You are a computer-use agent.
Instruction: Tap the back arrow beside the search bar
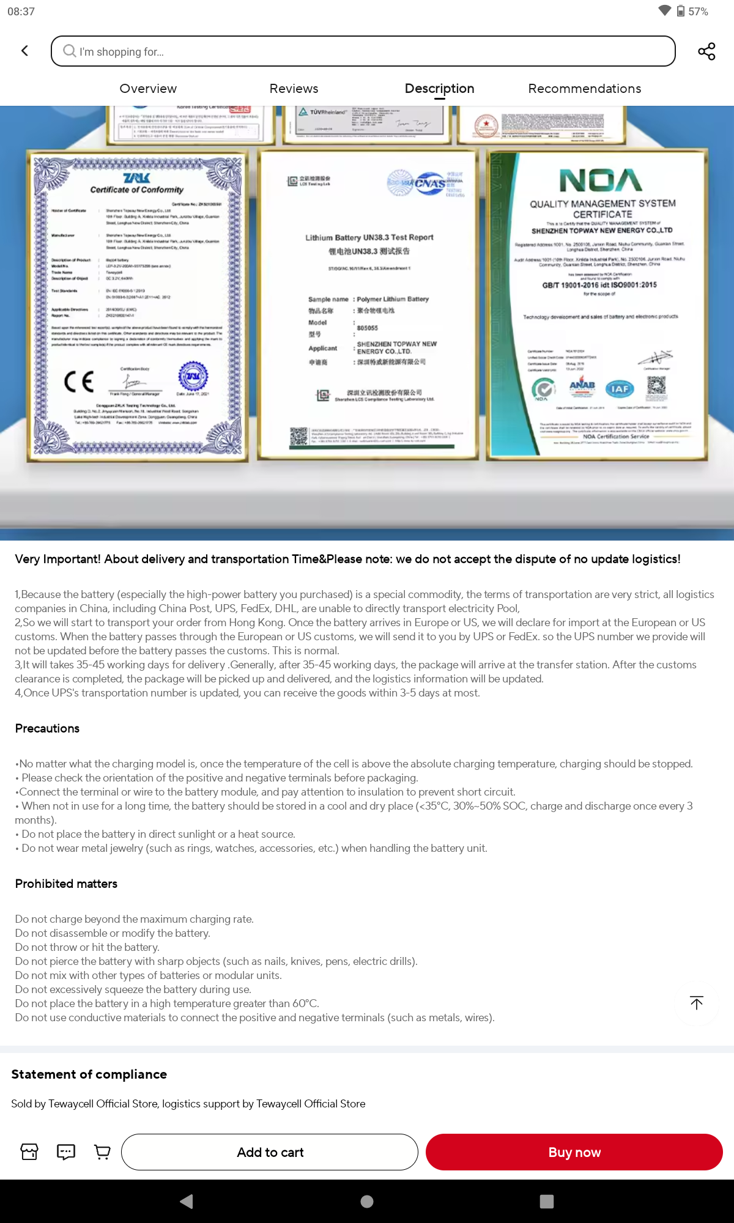coord(25,51)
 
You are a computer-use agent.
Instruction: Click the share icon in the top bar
coord(706,51)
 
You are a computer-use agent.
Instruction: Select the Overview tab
coord(148,89)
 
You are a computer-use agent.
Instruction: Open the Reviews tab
coord(294,89)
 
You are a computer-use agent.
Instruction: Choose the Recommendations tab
coord(584,89)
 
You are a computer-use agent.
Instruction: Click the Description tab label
coord(439,89)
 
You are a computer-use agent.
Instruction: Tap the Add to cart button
coord(270,1152)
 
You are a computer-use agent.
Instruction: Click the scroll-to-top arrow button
coord(696,1003)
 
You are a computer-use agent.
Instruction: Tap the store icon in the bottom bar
coord(29,1152)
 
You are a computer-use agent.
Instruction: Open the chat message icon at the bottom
coord(66,1152)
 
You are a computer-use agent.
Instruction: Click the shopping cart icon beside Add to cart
coord(102,1152)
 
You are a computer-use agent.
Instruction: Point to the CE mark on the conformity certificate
coord(79,382)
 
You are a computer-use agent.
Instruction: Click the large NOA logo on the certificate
coord(601,180)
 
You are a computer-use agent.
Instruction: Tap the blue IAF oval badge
coord(620,389)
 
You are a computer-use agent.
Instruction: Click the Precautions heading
coord(47,728)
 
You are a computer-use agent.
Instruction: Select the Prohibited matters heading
coord(66,884)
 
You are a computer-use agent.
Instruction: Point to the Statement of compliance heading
coord(89,1074)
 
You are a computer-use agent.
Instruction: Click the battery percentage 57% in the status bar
coord(698,12)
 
